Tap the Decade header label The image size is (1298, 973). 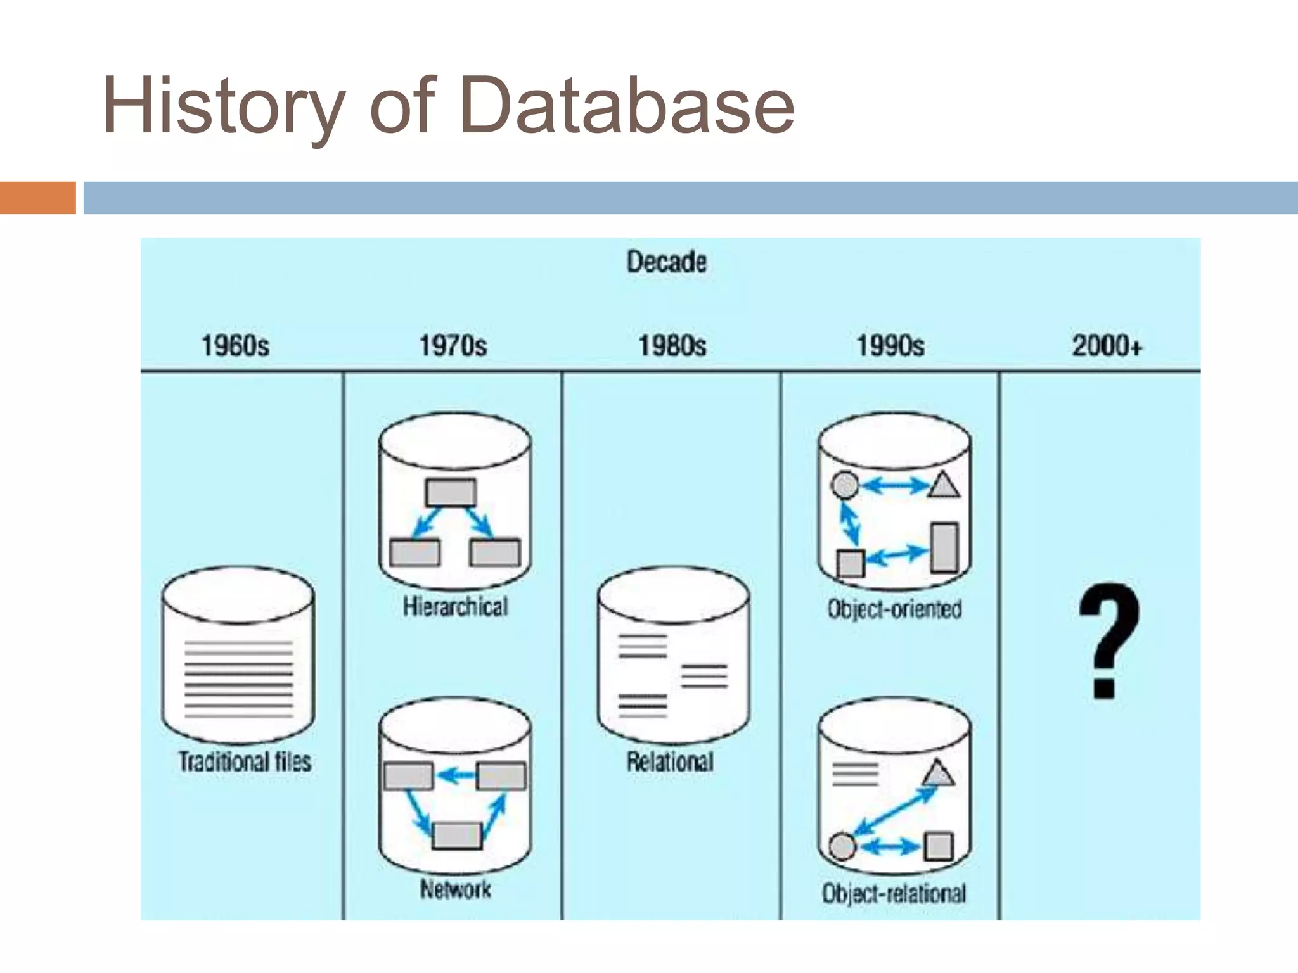coord(666,262)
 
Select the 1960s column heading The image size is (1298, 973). coord(235,346)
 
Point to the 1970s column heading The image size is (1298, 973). coord(453,346)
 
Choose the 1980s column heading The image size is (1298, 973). coord(672,346)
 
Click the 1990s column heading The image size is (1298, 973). coord(890,346)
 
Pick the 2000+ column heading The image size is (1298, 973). coord(1107,346)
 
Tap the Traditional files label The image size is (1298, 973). coord(245,761)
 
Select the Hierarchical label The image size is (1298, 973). coord(455,607)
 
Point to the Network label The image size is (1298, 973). coord(455,889)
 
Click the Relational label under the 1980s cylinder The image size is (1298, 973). coord(671,761)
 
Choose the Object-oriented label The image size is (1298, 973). coord(894,609)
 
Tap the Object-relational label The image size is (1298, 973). coord(894,893)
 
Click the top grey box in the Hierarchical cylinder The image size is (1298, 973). coord(451,493)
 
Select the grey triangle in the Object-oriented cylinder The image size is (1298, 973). coord(944,486)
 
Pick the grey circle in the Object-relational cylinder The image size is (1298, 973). coord(842,846)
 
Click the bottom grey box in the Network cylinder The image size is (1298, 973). coord(457,836)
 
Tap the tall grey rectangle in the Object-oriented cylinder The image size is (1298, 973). coord(944,547)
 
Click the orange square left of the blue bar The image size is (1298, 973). coord(38,198)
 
